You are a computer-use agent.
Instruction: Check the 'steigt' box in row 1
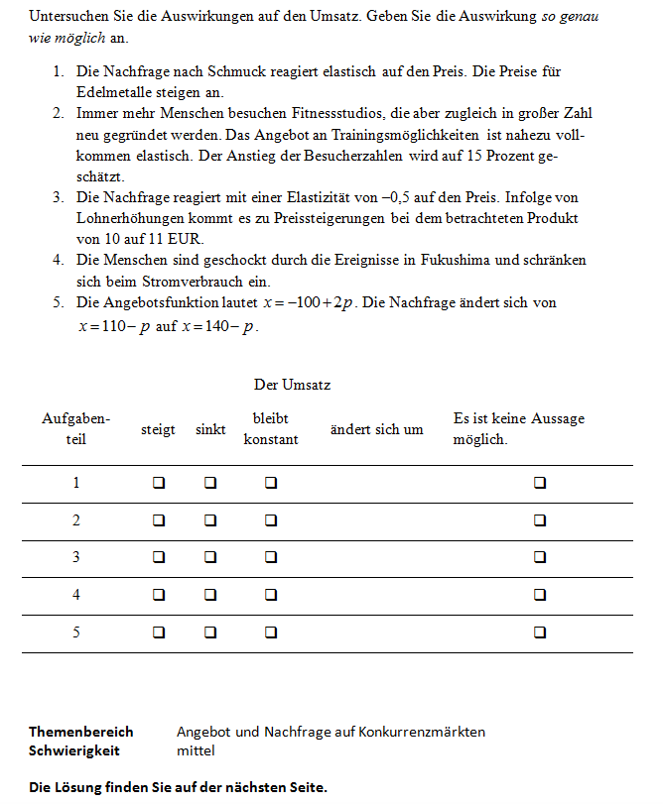click(x=158, y=483)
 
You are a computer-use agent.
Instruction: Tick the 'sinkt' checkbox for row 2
click(x=209, y=520)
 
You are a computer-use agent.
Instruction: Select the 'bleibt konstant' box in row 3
click(x=270, y=557)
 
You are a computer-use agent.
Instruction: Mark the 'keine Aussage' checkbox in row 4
click(x=540, y=595)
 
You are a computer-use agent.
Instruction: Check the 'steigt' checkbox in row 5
click(x=158, y=632)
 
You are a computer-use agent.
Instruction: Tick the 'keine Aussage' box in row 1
click(x=540, y=483)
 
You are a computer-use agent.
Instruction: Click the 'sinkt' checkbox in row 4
click(x=209, y=595)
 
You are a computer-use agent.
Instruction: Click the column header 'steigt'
click(x=158, y=429)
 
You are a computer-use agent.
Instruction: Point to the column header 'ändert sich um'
click(x=376, y=429)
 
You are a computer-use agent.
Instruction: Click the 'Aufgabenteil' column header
click(x=75, y=428)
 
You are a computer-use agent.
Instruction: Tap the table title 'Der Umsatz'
click(x=292, y=384)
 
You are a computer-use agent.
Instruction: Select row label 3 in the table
click(x=75, y=557)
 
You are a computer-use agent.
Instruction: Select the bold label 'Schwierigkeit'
click(x=74, y=750)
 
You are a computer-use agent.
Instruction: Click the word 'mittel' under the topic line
click(x=196, y=750)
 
